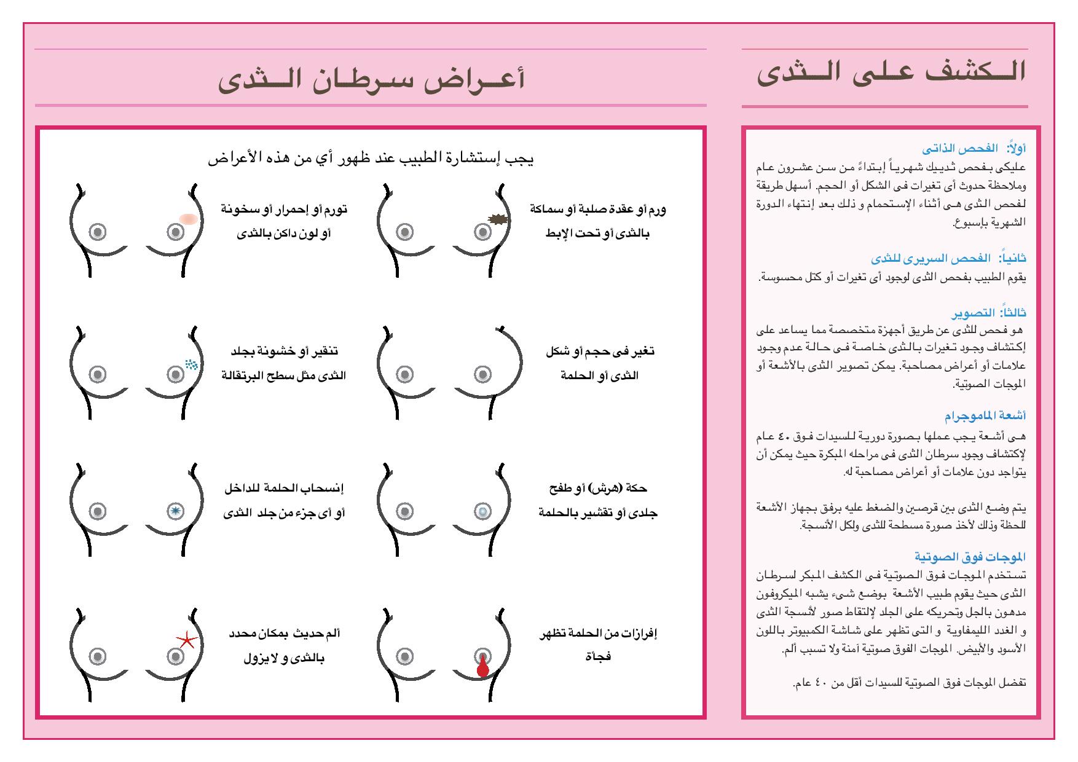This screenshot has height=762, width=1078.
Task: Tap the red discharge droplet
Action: (482, 668)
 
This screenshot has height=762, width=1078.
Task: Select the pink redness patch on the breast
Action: (189, 218)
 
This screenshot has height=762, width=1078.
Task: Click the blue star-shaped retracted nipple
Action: (176, 511)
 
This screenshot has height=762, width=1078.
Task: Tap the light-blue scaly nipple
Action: (482, 511)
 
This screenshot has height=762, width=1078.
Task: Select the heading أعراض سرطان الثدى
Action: (371, 81)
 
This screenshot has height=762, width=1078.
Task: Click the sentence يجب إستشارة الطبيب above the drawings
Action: (371, 159)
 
